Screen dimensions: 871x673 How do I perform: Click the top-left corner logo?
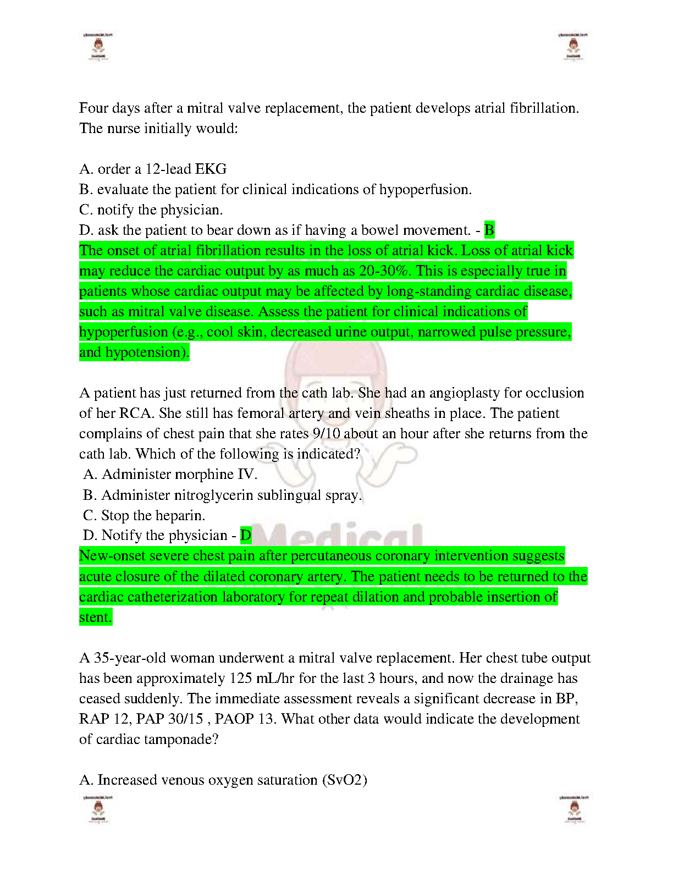(97, 47)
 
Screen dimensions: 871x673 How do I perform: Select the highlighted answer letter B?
(489, 230)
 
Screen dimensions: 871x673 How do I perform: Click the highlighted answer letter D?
(246, 535)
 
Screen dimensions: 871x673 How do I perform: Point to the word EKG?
(212, 169)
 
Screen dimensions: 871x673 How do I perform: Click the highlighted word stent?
(95, 617)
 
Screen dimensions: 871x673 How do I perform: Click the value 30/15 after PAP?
(186, 719)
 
